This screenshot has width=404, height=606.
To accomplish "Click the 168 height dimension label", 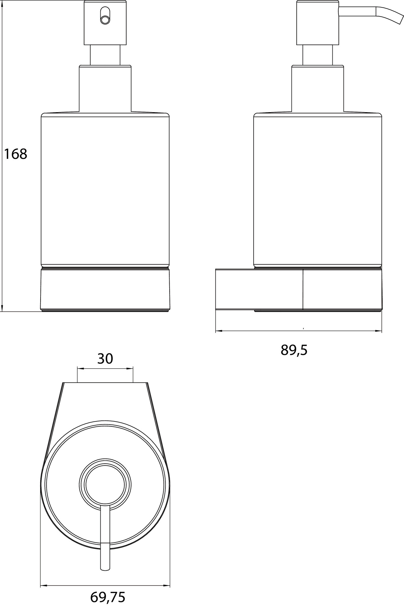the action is tap(15, 154).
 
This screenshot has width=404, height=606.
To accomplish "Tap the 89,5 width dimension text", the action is tap(294, 350).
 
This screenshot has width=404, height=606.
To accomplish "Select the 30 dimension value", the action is tap(105, 359).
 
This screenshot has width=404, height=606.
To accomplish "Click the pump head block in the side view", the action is tap(318, 23).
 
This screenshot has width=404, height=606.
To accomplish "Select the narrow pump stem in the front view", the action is tap(105, 55).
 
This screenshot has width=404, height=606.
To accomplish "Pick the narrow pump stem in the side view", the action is tap(318, 55).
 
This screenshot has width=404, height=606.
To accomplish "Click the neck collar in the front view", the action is tap(105, 89).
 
